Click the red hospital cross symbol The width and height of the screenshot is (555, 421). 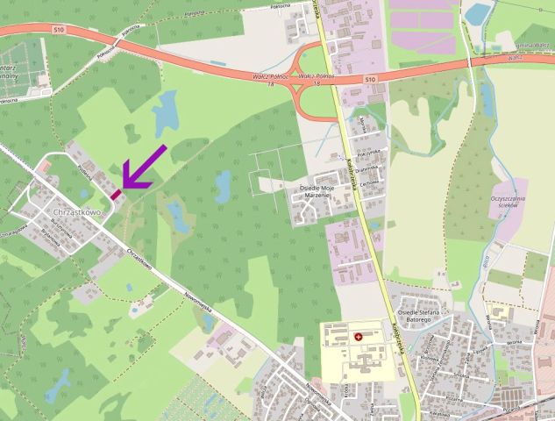click(357, 336)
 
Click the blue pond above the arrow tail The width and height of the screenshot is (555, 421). click(164, 110)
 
